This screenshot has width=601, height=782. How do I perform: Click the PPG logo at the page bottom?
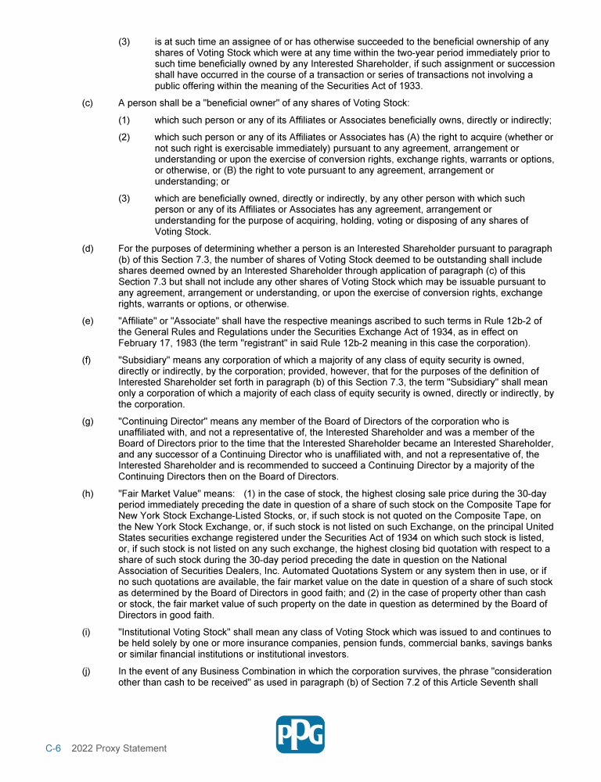click(x=300, y=734)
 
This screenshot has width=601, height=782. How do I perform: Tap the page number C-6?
click(x=52, y=748)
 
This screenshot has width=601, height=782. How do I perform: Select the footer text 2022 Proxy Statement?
click(x=119, y=748)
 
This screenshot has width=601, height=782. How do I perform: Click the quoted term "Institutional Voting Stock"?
click(x=176, y=631)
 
